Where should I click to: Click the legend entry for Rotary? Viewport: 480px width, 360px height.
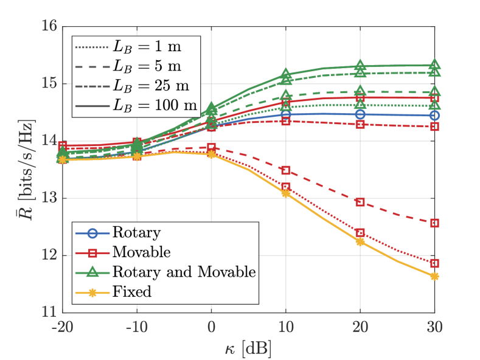129,232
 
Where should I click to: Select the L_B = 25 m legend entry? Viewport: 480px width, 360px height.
150,85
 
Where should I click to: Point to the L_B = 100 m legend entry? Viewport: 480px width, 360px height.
153,105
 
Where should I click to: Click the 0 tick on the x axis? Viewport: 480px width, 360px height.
211,327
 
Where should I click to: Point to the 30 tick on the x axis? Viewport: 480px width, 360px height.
434,327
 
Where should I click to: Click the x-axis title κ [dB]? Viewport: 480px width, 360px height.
248,348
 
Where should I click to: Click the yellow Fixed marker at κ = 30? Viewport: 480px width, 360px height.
434,276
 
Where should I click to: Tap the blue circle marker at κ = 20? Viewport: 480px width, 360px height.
360,114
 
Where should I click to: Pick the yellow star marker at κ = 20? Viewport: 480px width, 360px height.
360,241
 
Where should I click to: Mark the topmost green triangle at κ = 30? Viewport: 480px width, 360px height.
434,64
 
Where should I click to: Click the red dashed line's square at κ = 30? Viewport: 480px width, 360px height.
434,223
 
